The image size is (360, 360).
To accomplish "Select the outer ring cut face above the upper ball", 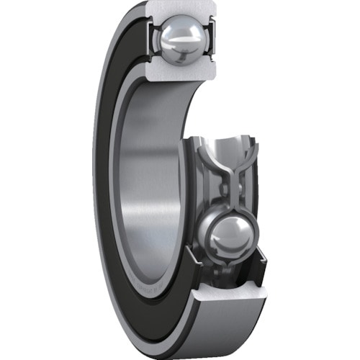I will click(x=179, y=9).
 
